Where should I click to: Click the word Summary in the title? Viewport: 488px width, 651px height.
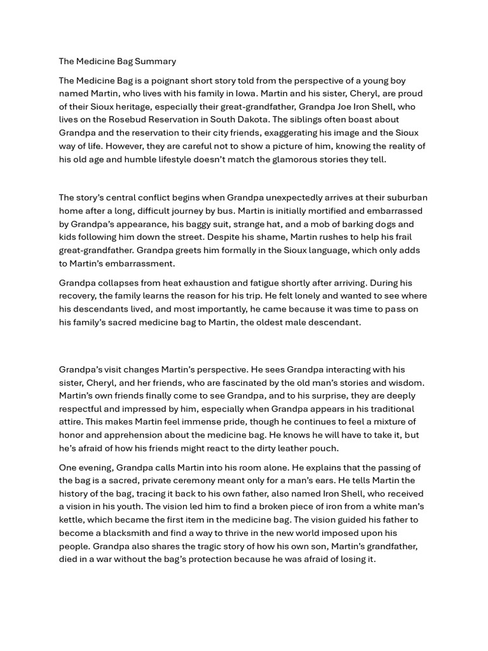(155, 62)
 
